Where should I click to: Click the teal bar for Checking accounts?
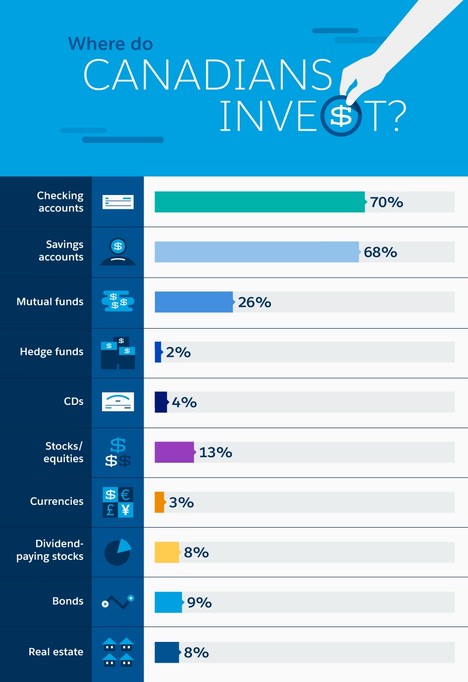click(260, 202)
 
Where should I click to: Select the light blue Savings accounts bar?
click(257, 252)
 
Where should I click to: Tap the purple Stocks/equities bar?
click(174, 452)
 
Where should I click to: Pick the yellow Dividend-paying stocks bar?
click(167, 552)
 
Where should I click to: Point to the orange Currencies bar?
click(159, 502)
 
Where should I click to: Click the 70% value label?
click(386, 202)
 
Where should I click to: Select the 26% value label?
click(255, 302)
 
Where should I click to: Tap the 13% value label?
click(215, 452)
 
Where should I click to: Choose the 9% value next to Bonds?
click(200, 602)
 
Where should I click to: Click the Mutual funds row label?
click(50, 302)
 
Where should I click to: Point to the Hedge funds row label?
click(52, 352)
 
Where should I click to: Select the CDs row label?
click(74, 401)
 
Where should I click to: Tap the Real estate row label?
click(56, 652)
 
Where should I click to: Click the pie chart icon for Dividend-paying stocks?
click(118, 552)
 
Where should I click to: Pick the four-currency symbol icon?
click(118, 502)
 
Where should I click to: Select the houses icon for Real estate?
click(118, 652)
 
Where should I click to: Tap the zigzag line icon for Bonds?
click(118, 602)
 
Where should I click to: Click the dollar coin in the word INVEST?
click(341, 116)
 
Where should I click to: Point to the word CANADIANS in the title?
click(208, 75)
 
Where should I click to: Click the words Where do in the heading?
click(110, 44)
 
